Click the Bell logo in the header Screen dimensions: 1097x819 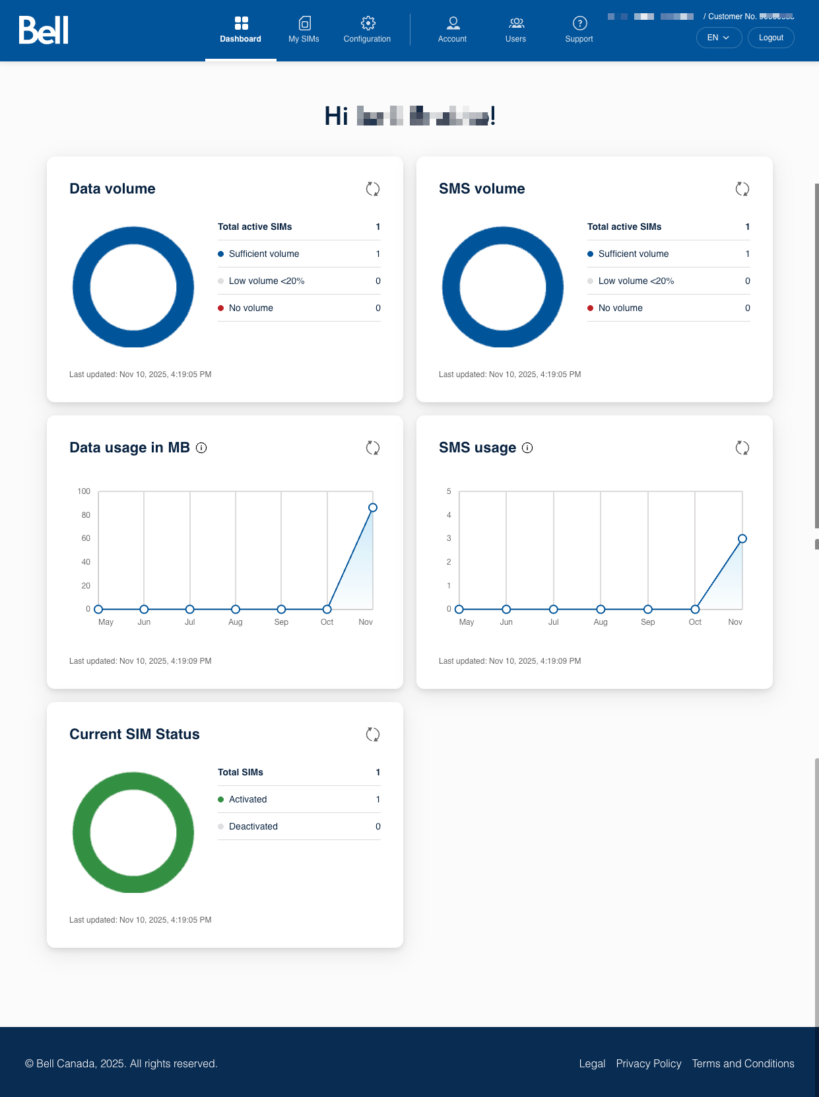point(44,30)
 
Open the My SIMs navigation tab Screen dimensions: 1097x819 point(304,30)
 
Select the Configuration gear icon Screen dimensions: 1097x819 point(368,24)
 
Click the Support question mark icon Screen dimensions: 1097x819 point(579,24)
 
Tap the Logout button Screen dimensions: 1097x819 point(771,38)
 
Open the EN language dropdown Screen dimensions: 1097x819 point(719,38)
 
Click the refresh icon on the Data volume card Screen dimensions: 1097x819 point(373,189)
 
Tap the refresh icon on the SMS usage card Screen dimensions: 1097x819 point(742,448)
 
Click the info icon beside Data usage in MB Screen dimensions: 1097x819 point(202,448)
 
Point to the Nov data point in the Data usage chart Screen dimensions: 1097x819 point(373,508)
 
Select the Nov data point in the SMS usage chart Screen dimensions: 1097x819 point(742,539)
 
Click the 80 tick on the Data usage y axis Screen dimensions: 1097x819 point(86,515)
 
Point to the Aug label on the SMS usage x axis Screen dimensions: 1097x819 point(601,622)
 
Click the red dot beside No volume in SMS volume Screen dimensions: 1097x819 point(591,308)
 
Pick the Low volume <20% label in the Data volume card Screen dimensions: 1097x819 point(267,281)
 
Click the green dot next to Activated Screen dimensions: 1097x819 point(221,800)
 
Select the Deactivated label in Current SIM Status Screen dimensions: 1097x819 point(253,827)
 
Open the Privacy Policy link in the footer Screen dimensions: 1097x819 point(649,1063)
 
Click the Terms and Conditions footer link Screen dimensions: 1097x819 point(743,1063)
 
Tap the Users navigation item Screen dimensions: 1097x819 point(516,30)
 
